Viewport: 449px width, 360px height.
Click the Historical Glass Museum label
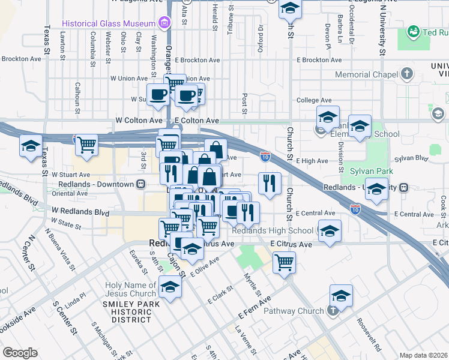click(109, 23)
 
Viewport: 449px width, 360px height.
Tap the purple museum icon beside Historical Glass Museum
click(163, 23)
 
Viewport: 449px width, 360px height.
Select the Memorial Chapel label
click(367, 75)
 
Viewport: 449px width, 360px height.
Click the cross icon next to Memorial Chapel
click(408, 74)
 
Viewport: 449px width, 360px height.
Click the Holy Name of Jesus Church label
click(130, 289)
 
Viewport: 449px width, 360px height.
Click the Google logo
click(20, 353)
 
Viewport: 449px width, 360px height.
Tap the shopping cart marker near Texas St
click(87, 145)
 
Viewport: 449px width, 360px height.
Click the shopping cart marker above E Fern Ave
click(284, 262)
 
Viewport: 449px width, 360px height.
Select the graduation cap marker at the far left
click(31, 146)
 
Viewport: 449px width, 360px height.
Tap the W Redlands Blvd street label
click(80, 212)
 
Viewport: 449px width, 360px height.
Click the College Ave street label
click(314, 100)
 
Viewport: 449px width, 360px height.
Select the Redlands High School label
click(273, 230)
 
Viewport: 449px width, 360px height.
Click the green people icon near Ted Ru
click(413, 31)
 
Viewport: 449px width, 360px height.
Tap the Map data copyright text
click(423, 355)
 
